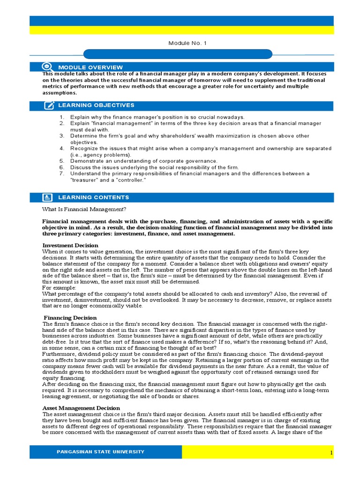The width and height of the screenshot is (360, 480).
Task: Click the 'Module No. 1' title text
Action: coord(187,43)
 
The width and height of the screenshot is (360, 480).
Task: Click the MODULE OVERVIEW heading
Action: coord(88,67)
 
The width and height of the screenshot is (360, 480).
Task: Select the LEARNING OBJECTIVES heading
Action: coord(96,105)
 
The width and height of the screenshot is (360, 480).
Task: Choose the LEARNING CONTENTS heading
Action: coord(93,197)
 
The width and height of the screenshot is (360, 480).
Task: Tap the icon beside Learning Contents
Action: coord(48,197)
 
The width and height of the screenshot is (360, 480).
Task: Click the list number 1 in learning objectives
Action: coord(61,117)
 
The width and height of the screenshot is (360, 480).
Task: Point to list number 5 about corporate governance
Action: coord(61,161)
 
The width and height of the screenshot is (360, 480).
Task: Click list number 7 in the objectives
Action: coord(61,173)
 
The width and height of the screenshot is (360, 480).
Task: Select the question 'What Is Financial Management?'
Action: coord(84,209)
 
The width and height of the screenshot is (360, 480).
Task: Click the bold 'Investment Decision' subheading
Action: coord(70,245)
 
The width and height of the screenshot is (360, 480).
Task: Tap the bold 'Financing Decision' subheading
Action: coord(70,318)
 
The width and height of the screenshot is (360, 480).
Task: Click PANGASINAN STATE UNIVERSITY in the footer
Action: coord(100,452)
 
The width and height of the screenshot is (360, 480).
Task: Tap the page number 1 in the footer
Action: coord(331,452)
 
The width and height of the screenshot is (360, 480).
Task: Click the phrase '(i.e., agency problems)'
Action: coord(101,155)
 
